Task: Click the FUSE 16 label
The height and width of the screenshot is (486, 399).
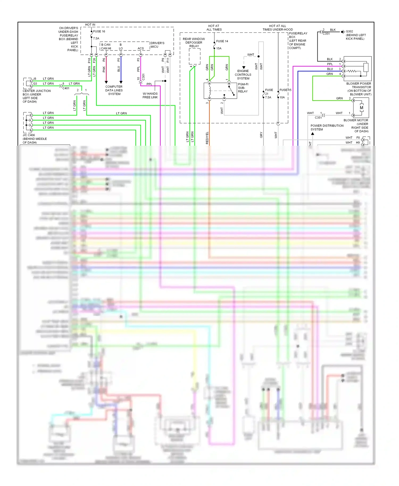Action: click(x=99, y=31)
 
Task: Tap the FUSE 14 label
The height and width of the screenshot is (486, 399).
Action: click(x=222, y=41)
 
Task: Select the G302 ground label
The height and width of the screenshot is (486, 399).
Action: click(x=349, y=31)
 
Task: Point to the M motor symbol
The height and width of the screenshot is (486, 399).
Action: click(x=361, y=108)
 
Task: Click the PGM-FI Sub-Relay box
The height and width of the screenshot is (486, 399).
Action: click(x=220, y=91)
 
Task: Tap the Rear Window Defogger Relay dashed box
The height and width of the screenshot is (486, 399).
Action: click(x=194, y=57)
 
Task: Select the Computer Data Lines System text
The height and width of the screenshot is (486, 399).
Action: click(x=114, y=90)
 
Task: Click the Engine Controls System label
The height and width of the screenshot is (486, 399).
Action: click(x=243, y=75)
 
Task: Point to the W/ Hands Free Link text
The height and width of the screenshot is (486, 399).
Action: click(x=150, y=95)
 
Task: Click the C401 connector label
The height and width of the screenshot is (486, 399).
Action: click(x=66, y=88)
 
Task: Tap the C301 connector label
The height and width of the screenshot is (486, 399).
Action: click(x=143, y=77)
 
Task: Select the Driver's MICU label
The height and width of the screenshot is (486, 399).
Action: click(x=157, y=45)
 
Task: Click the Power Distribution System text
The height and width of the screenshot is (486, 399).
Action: click(x=327, y=127)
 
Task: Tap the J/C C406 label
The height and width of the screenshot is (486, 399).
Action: click(x=29, y=135)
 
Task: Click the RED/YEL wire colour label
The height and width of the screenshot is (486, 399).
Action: click(x=207, y=138)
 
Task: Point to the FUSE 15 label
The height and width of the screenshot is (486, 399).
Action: click(x=285, y=90)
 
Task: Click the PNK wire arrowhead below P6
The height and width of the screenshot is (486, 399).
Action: click(x=106, y=82)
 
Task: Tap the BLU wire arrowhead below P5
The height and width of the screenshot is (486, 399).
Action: click(x=121, y=82)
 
